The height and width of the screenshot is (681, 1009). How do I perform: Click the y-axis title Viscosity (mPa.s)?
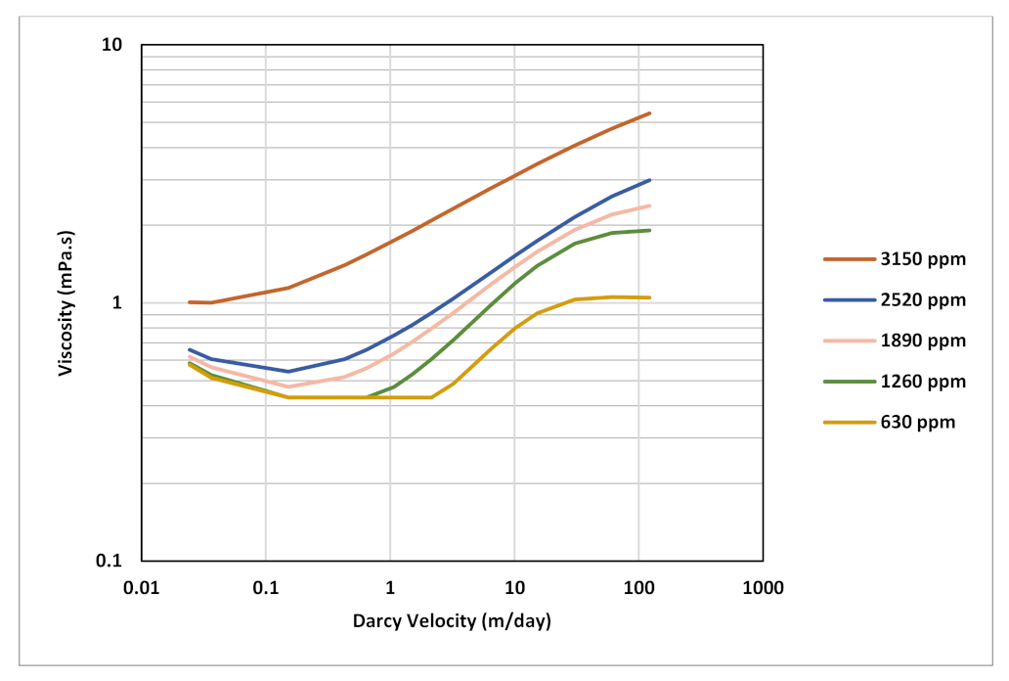point(66,302)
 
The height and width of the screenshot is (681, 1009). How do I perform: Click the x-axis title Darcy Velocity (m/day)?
point(452,620)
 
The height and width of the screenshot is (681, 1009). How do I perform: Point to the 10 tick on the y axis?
point(123,45)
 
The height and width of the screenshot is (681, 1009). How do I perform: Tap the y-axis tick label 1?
point(127,302)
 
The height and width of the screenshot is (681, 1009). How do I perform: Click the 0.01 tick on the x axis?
point(142,588)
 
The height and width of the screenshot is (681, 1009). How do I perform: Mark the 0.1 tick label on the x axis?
point(266,588)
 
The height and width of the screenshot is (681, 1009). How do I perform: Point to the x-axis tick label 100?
point(638,588)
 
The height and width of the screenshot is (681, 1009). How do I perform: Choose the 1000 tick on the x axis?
point(763,588)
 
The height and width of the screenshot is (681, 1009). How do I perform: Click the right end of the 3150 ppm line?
point(650,113)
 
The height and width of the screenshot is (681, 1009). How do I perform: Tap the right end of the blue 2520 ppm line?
point(650,180)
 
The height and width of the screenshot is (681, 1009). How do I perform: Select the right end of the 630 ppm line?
point(650,297)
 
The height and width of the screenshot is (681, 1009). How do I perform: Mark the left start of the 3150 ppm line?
point(189,302)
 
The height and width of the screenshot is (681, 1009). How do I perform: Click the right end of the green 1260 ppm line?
point(650,230)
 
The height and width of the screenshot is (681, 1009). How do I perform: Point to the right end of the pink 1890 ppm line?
point(650,205)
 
